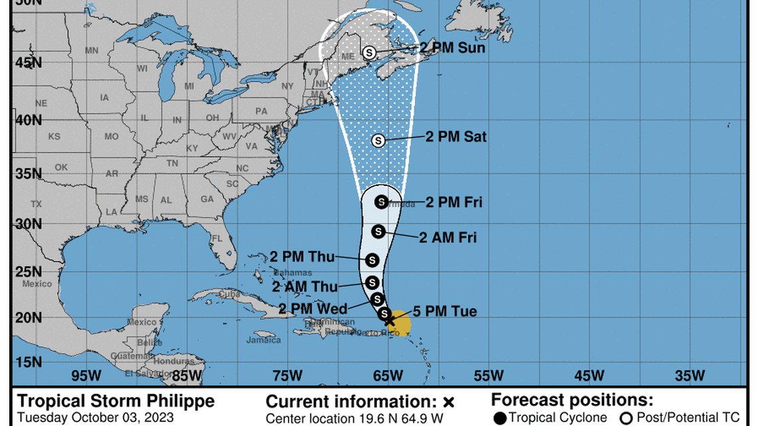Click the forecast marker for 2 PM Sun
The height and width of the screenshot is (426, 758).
pyautogui.click(x=370, y=52)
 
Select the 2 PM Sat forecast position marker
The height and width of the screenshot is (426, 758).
pyautogui.click(x=378, y=140)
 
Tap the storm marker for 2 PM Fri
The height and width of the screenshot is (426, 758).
pyautogui.click(x=382, y=201)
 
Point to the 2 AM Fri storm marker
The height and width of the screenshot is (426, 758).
pyautogui.click(x=378, y=231)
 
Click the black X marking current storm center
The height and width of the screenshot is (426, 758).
pyautogui.click(x=390, y=320)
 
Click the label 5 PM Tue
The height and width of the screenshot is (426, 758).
pyautogui.click(x=445, y=312)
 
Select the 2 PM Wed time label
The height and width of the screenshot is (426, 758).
pyautogui.click(x=313, y=308)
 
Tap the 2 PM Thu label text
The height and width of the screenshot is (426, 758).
pyautogui.click(x=303, y=257)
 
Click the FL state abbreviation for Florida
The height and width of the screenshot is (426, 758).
pyautogui.click(x=217, y=238)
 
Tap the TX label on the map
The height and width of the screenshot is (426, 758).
pyautogui.click(x=36, y=204)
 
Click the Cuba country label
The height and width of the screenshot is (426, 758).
pyautogui.click(x=229, y=294)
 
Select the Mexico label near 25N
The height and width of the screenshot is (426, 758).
pyautogui.click(x=37, y=284)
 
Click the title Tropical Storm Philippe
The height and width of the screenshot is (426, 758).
pyautogui.click(x=116, y=401)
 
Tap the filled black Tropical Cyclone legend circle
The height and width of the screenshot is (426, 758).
pyautogui.click(x=500, y=417)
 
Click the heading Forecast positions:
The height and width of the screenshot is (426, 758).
pyautogui.click(x=571, y=400)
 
